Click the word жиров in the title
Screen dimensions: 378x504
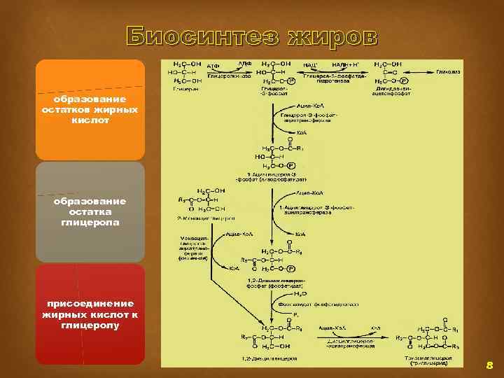[328, 36]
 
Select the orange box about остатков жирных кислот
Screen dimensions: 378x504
[90, 110]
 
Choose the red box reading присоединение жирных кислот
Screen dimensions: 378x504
[90, 314]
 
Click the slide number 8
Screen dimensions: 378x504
[489, 365]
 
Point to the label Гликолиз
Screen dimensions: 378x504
[447, 71]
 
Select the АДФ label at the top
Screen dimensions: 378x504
[244, 63]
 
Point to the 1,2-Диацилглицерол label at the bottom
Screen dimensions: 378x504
[270, 358]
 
